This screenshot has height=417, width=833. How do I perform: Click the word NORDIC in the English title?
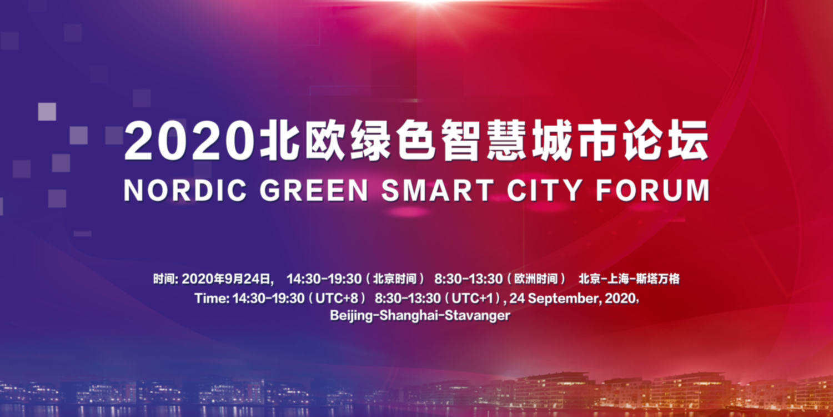point(185,190)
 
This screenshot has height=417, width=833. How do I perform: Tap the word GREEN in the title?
point(314,190)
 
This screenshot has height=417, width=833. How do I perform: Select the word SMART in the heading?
point(438,190)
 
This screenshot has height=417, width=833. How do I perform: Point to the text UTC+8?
point(337,299)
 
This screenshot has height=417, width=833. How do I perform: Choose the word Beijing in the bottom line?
point(351,316)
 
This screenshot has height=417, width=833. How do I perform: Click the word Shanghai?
point(409,316)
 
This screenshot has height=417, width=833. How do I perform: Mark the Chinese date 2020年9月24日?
point(227,279)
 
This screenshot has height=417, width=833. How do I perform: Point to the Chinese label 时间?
point(166,279)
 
